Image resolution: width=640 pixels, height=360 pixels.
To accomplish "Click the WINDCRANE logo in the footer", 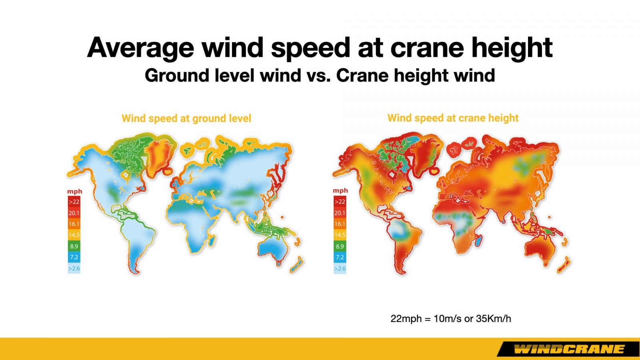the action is pos(568,349).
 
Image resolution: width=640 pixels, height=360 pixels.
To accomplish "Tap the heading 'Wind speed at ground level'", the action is pos(186,118).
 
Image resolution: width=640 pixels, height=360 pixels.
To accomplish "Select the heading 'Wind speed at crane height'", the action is pos(453,118).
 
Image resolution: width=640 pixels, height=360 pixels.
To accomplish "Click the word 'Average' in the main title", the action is pos(140,48).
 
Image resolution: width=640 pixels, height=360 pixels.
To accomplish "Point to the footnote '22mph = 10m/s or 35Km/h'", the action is pos(450,318).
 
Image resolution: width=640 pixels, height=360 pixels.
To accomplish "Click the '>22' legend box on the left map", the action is pos(74,202).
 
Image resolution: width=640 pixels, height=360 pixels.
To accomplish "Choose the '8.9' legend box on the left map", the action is pos(74,246).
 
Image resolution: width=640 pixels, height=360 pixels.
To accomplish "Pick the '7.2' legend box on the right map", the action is pos(340,257).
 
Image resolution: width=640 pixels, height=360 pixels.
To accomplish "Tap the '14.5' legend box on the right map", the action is pos(340,235).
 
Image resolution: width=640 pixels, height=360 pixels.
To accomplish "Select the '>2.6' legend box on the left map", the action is pos(74,268).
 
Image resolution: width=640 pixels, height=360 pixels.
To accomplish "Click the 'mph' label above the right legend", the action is pos(340,190).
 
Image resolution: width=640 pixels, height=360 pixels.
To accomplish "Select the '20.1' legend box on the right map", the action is pos(340,213).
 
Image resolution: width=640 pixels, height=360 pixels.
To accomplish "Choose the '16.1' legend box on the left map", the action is pos(74,224).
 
